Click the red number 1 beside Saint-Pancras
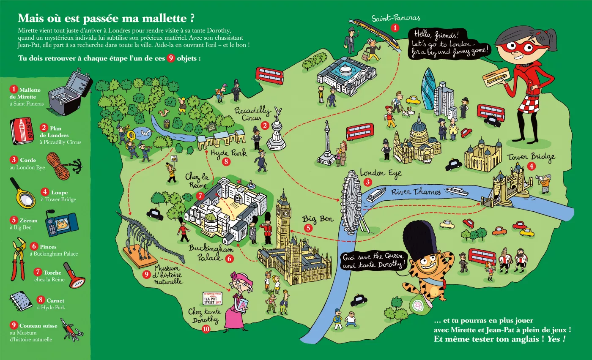(x=395, y=28)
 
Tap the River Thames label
(x=416, y=192)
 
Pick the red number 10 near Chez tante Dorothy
(x=206, y=329)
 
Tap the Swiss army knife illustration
(x=71, y=330)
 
